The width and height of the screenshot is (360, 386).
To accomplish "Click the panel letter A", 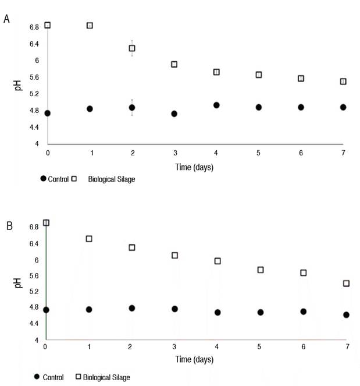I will tap(6, 19).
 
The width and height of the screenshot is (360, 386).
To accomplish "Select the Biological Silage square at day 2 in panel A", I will tap(132, 48).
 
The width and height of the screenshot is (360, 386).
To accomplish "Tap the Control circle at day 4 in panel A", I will tap(216, 105).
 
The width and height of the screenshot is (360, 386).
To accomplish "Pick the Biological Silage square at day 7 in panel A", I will tap(343, 82).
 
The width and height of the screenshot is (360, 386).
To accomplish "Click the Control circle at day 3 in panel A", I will tap(174, 114).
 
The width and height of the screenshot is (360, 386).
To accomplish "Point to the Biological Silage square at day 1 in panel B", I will tap(89, 239).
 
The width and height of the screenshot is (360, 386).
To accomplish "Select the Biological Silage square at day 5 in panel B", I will tap(261, 270).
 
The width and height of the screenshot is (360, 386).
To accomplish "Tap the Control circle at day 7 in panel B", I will tap(346, 315).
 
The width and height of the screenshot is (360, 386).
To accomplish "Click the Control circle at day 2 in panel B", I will tap(132, 308).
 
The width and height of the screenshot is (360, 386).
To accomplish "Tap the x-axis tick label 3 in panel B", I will tap(174, 348).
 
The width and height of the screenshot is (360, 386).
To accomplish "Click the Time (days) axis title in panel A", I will tap(195, 167).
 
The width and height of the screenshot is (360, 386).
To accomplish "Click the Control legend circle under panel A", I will tap(44, 179).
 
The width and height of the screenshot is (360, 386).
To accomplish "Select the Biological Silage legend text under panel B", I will tap(106, 378).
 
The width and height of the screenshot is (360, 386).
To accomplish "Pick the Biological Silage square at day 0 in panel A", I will tap(47, 25).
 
